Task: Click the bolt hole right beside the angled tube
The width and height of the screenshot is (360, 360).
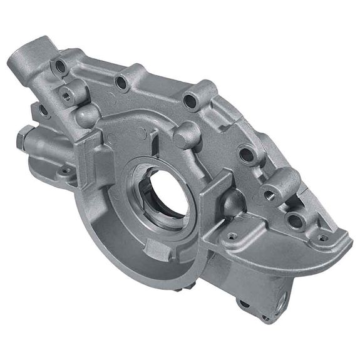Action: (x=61, y=65)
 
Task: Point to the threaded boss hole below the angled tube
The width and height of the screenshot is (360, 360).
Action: (x=64, y=95)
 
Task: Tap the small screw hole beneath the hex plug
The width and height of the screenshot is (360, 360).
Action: (x=64, y=170)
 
